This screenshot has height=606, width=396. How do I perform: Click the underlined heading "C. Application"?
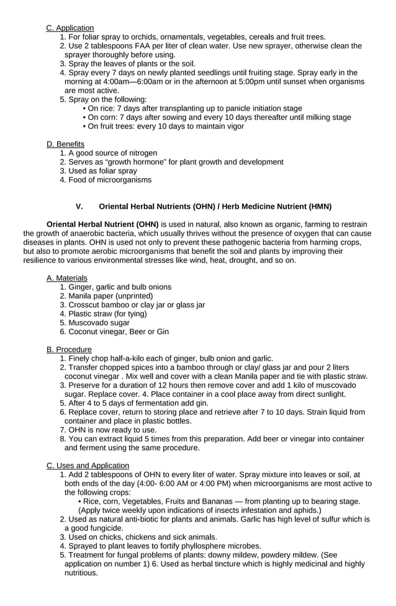tap(70, 28)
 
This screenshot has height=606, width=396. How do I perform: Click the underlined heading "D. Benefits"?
tap(66, 144)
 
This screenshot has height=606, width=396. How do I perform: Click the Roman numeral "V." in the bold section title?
tap(79, 206)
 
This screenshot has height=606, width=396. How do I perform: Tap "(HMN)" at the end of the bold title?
tap(318, 206)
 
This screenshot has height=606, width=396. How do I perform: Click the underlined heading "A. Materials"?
tap(67, 278)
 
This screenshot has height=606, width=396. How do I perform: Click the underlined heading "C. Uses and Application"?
tap(88, 466)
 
